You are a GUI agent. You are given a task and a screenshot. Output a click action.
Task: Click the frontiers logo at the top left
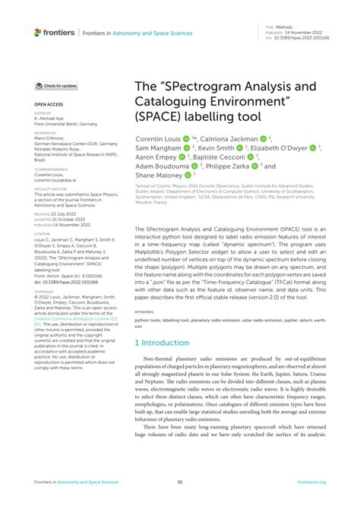[x=55, y=32]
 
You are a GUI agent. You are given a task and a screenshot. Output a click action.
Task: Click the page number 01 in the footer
[x=180, y=482]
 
